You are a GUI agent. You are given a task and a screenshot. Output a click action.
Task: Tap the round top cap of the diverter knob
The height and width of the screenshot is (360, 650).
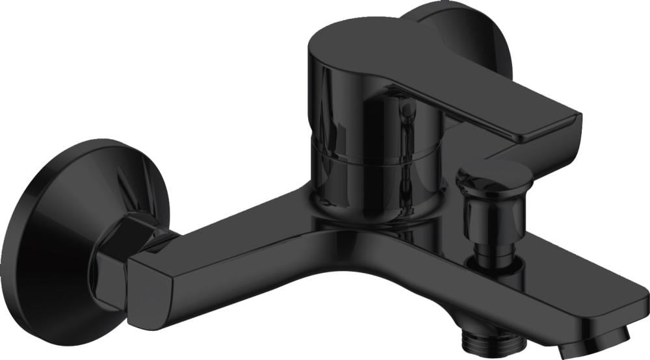click(x=484, y=172)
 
